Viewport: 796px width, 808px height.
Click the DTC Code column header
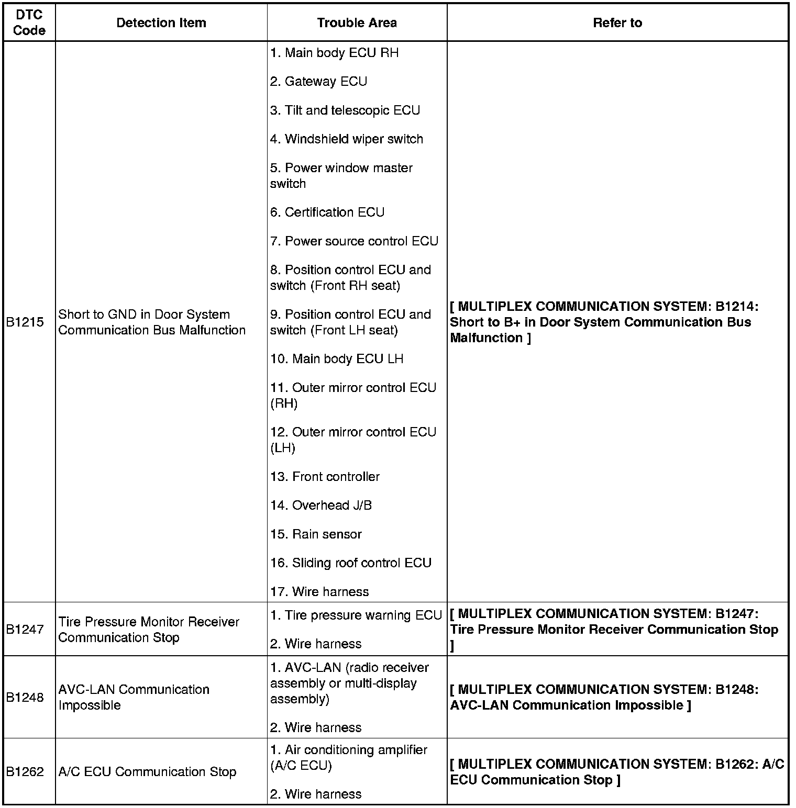tap(29, 23)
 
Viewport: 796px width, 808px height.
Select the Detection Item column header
tap(161, 23)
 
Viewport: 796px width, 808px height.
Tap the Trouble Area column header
tap(357, 23)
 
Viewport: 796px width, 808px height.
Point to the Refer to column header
tap(617, 23)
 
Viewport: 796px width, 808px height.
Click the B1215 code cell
tap(25, 322)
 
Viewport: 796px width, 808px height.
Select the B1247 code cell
tap(25, 630)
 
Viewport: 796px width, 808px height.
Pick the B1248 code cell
tap(25, 697)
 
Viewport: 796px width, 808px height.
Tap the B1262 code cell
tap(25, 772)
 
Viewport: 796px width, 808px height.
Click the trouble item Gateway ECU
tap(318, 82)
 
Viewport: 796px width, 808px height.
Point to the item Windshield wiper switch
tap(346, 139)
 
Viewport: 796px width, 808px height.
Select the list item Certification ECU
tap(327, 212)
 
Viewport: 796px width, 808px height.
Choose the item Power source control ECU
tap(354, 241)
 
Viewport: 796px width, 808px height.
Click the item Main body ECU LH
tap(337, 359)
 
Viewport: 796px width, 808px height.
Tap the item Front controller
tap(325, 477)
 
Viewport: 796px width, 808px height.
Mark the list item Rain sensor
tap(316, 534)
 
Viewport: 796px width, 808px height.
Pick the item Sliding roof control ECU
tap(351, 563)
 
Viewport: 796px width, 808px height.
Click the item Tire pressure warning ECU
tap(356, 615)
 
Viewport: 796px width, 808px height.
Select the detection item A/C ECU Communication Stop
tap(147, 772)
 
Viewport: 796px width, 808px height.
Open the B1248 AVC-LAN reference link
tap(604, 697)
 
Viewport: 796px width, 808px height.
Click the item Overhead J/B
tap(321, 506)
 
